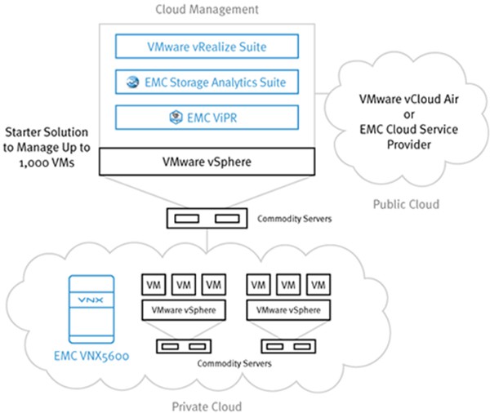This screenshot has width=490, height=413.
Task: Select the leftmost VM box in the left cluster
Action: [x=152, y=285]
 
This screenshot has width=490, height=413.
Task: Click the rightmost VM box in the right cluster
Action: [x=320, y=285]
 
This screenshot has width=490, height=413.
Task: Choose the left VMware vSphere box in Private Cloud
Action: [x=182, y=311]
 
